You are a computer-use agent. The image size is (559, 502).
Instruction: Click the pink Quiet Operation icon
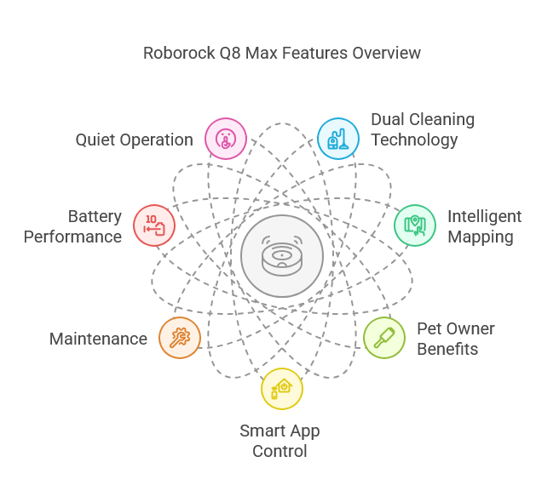pos(226,139)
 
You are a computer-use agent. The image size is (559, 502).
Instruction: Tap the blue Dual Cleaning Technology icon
pos(338,139)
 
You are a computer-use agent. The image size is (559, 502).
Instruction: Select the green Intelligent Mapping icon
pos(415,225)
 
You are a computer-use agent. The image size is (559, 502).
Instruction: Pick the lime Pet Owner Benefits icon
pos(384,338)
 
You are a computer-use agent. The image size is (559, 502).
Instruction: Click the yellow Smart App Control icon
pos(282,389)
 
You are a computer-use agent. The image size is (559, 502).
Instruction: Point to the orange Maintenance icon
pos(180,338)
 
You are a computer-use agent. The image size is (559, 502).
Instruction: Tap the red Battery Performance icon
pos(154,225)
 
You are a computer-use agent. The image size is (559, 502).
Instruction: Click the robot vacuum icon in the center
pos(282,256)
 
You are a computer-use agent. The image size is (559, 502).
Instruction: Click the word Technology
pos(414,140)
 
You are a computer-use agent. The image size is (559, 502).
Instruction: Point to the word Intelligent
pos(484,216)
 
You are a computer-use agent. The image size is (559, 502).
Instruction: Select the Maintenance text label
pos(98,339)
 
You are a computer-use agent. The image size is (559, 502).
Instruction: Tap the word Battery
pos(95,216)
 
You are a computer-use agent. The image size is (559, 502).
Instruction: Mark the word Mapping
pos(481,237)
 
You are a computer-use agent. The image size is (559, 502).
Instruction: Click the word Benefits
pos(447,349)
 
